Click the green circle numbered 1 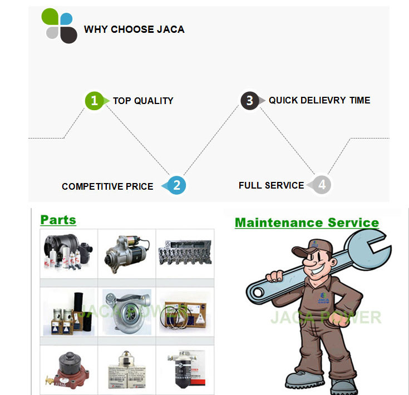click(x=94, y=101)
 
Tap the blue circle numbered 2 click(x=176, y=185)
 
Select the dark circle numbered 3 click(x=249, y=101)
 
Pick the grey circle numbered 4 click(x=322, y=185)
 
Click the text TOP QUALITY click(x=143, y=101)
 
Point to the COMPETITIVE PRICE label click(x=107, y=186)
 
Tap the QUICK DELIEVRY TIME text click(x=319, y=101)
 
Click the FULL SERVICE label click(x=271, y=185)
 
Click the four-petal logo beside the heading click(x=60, y=26)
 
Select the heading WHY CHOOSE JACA click(x=134, y=29)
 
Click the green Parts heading click(x=58, y=220)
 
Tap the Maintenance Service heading click(x=307, y=223)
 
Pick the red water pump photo click(x=68, y=368)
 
